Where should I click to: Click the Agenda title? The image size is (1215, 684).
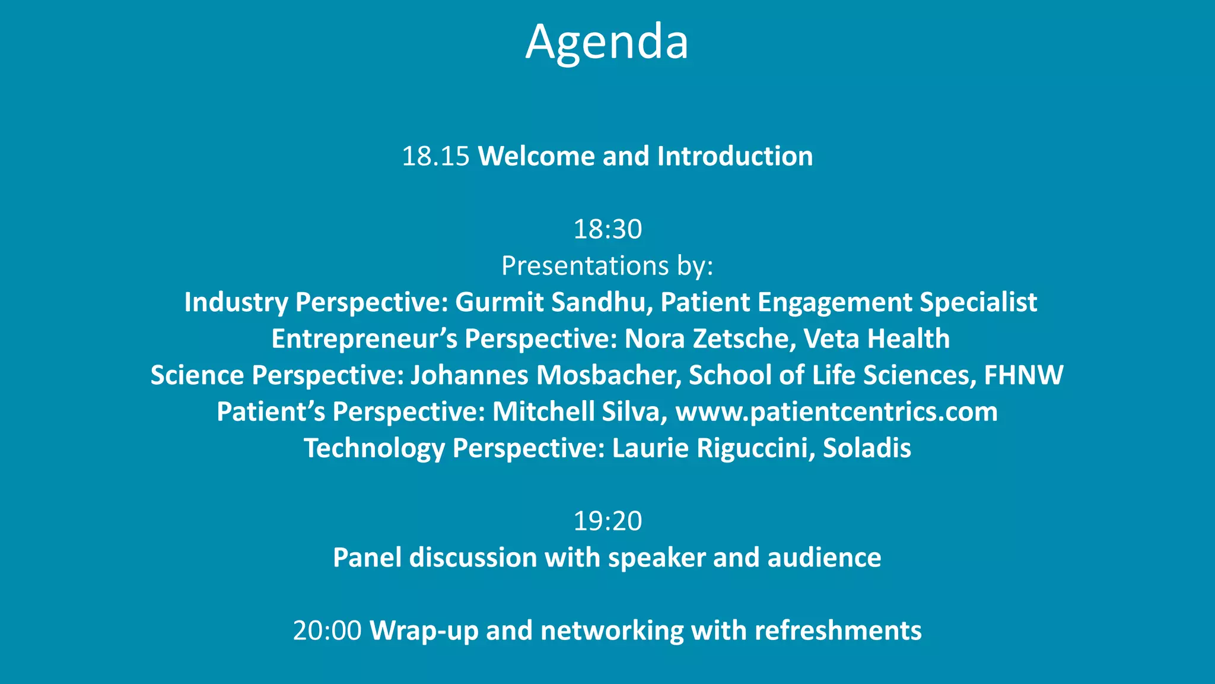607,43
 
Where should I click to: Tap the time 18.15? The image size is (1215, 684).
435,157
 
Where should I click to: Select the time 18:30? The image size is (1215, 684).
607,230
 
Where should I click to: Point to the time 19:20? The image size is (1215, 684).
607,521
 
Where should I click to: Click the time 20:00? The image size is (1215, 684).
327,631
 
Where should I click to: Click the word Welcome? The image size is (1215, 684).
536,157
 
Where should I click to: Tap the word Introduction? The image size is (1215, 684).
735,157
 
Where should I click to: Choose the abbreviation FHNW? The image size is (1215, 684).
1023,375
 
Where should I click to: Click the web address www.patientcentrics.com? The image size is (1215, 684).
836,412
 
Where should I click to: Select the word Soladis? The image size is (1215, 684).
867,448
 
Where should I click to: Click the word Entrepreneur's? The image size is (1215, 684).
364,339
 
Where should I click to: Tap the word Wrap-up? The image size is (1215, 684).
424,631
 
